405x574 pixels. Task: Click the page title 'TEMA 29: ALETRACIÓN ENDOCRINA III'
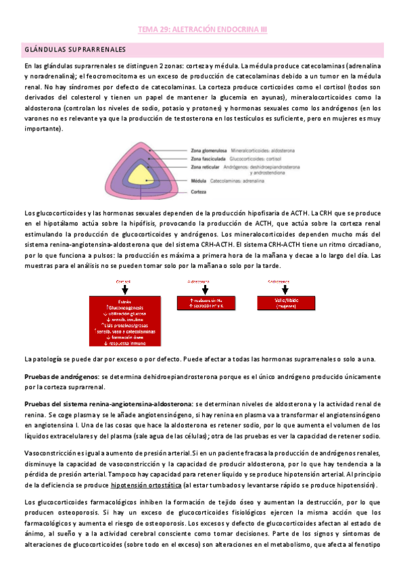[203, 30]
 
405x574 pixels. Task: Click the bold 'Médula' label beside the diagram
[198, 181]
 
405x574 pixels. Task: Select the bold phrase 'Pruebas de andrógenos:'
[62, 376]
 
